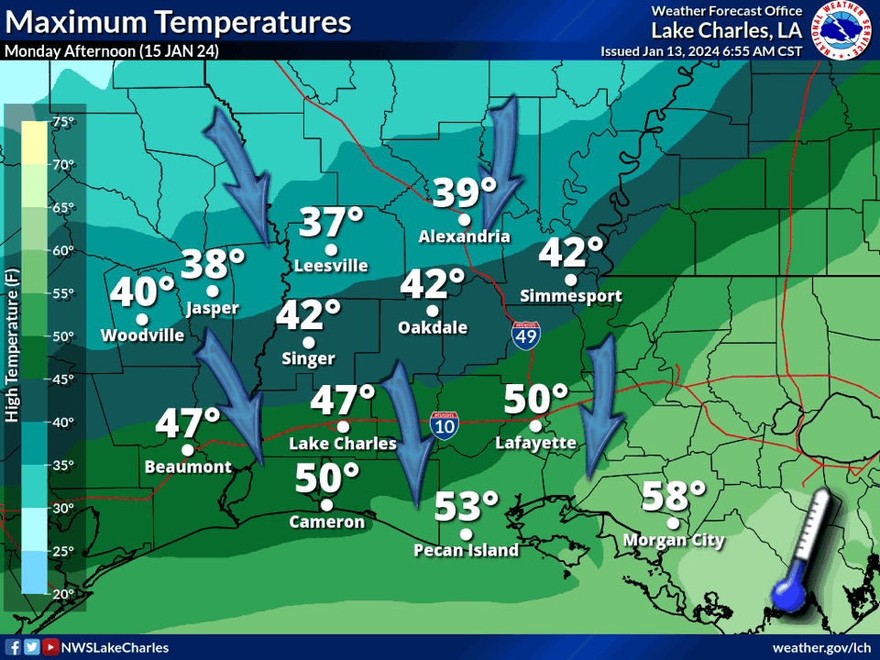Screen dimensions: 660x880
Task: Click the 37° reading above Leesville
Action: (x=331, y=223)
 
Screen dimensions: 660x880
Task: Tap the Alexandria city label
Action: (x=464, y=236)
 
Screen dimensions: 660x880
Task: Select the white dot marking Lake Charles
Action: (x=343, y=426)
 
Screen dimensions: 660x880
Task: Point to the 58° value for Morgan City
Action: (x=674, y=496)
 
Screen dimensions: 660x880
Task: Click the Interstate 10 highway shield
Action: (x=444, y=424)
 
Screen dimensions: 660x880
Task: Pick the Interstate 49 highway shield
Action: (x=525, y=334)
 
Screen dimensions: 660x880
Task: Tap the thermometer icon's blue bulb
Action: (x=787, y=598)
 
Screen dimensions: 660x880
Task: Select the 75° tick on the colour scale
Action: (x=63, y=122)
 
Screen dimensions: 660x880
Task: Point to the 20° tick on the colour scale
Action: (x=63, y=594)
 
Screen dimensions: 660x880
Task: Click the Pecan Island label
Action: (x=466, y=550)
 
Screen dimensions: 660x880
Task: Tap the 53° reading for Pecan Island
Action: (x=467, y=506)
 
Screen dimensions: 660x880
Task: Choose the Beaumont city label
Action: (x=188, y=467)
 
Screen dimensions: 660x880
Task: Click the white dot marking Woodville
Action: (x=142, y=319)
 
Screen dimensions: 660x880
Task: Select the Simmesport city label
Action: (x=570, y=296)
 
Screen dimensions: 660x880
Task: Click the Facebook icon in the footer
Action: (x=14, y=647)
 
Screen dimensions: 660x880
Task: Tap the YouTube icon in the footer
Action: (x=49, y=647)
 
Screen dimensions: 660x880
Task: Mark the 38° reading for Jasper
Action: (x=213, y=265)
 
